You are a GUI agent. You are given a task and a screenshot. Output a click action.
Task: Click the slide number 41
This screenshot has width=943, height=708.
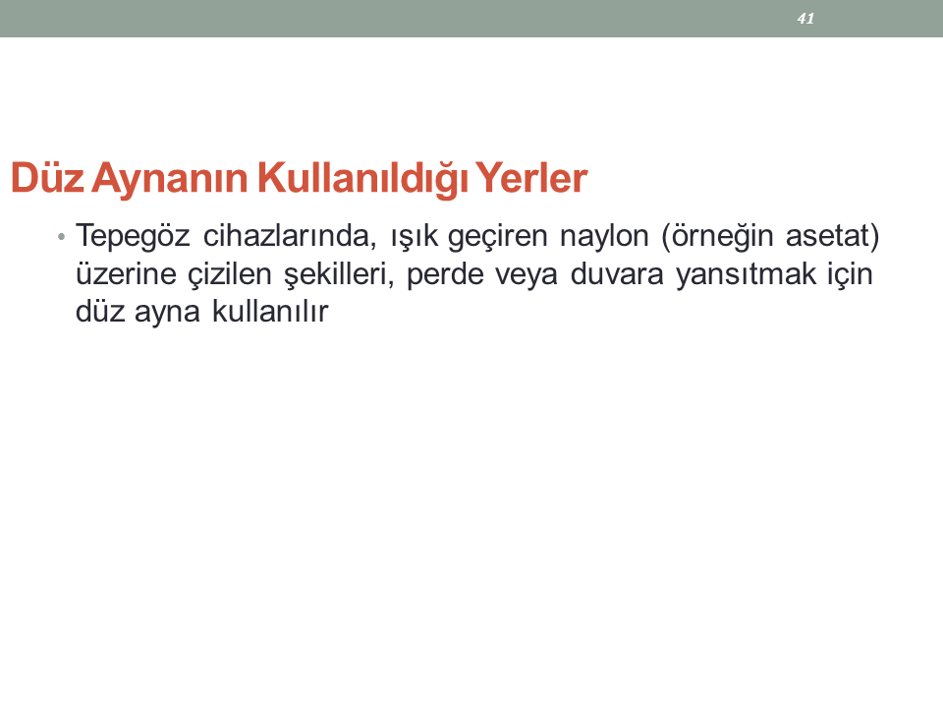(x=805, y=19)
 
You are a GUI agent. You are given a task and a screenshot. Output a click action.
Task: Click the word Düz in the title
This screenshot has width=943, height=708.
(x=47, y=178)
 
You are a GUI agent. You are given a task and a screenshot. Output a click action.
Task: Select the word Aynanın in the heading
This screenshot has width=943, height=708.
(x=170, y=179)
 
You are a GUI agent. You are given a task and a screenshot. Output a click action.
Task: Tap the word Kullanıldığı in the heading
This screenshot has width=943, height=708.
(x=362, y=179)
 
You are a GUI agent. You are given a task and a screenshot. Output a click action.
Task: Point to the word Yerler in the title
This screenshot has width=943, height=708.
(x=531, y=178)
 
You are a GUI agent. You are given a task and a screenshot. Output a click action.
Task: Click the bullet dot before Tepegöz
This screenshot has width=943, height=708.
(x=61, y=237)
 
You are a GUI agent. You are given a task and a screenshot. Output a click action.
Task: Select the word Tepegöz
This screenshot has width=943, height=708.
(x=133, y=236)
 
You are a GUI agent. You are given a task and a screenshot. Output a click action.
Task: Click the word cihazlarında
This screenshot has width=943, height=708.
(x=289, y=235)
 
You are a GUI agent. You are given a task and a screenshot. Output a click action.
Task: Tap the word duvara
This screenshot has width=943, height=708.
(x=617, y=274)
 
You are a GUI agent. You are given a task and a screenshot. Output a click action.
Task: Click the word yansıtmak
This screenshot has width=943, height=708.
(x=746, y=275)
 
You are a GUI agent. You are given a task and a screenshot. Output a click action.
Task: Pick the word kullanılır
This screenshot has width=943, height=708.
(x=270, y=312)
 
